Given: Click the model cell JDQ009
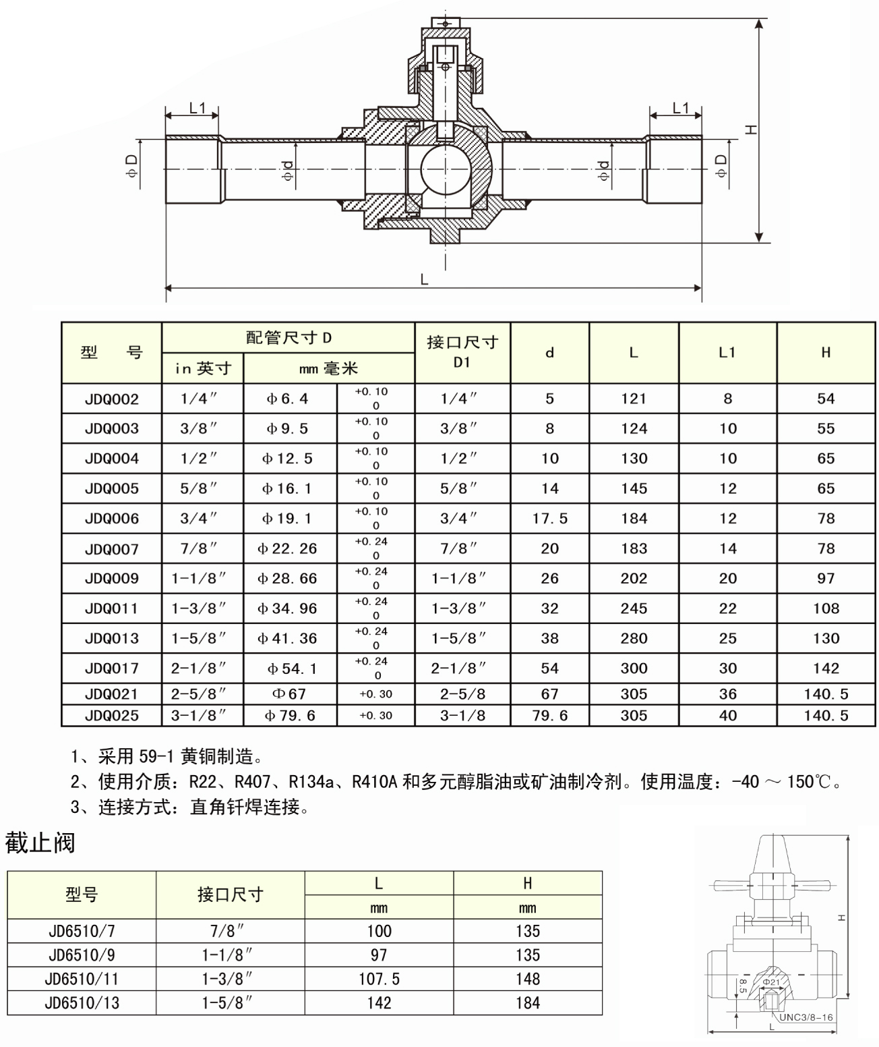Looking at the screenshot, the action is (x=111, y=578).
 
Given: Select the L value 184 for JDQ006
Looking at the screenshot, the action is (x=634, y=518).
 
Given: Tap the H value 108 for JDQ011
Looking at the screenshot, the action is (x=826, y=609).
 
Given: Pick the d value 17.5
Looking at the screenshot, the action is (x=550, y=518).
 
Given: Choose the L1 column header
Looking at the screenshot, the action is (x=727, y=353).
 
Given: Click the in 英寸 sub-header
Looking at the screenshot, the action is (x=203, y=368).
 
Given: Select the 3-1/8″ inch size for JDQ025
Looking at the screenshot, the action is (x=198, y=715).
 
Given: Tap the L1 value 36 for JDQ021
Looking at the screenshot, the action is (x=727, y=694).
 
